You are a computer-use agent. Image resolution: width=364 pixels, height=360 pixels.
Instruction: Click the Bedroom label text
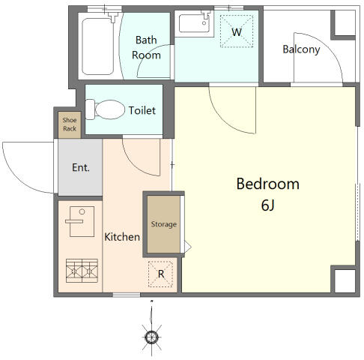point(267,184)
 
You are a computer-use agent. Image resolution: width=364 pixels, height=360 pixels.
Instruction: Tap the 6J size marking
point(268,205)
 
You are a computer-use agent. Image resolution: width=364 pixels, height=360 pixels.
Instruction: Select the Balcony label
point(301,49)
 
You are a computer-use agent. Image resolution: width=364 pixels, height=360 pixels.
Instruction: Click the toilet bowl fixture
point(109,109)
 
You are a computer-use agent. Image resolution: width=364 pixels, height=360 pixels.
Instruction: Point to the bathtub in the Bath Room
point(97,46)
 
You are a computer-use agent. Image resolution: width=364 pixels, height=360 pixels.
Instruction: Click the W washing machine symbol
point(237,31)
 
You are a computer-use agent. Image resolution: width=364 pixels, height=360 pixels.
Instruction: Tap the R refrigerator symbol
point(160,274)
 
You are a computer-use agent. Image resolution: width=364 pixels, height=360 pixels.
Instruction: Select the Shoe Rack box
point(70,124)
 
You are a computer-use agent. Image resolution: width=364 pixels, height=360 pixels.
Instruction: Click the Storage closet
point(163,224)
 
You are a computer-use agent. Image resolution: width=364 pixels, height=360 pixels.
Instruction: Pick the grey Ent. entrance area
point(80,167)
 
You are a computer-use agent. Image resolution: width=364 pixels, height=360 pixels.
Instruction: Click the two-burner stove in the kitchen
point(82,271)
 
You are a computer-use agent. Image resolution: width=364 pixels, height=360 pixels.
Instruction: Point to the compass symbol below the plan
point(151,337)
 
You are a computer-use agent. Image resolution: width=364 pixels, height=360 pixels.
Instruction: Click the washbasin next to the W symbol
point(195,23)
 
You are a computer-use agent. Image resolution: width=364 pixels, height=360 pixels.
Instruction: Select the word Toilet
point(142,110)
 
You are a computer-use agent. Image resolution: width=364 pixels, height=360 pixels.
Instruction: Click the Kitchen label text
point(122,237)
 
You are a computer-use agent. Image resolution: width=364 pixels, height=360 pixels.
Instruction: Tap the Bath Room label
point(146,47)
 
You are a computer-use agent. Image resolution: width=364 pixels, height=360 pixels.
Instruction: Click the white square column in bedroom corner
point(345,280)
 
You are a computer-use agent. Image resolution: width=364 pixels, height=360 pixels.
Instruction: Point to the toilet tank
point(90,109)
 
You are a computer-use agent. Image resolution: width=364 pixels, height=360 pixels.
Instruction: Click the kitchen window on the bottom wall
point(127,295)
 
